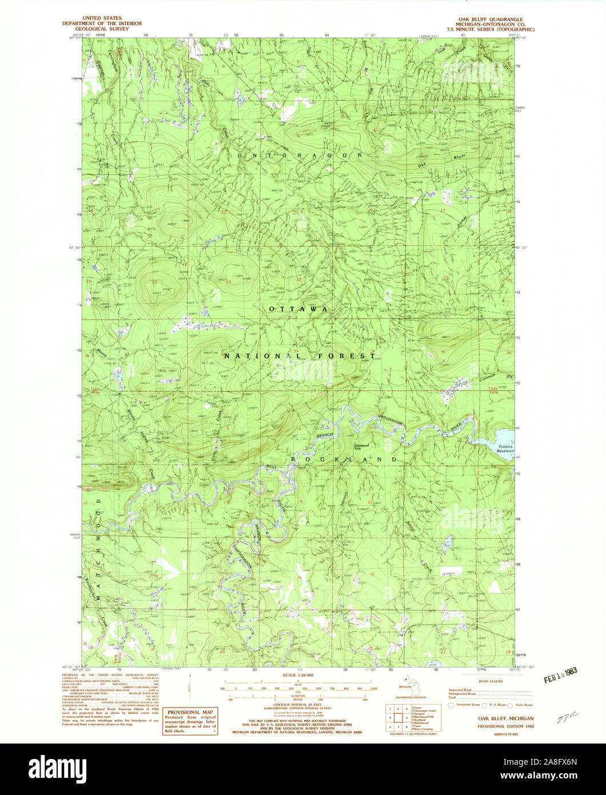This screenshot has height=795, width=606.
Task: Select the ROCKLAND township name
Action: [344, 459]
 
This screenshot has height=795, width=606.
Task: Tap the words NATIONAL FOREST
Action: [300, 356]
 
